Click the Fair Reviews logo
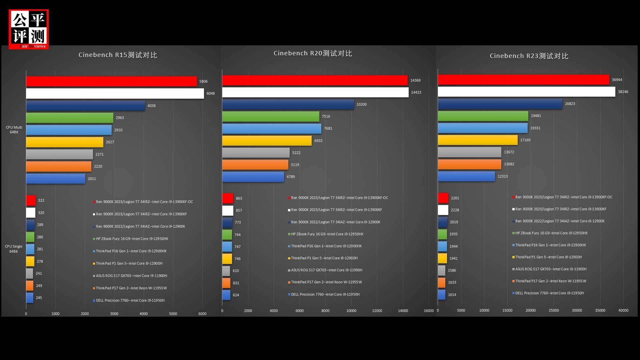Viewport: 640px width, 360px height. [29, 29]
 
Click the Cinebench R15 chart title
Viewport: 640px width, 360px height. [118, 55]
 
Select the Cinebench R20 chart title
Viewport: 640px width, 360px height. [313, 53]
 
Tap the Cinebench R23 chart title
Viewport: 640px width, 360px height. [529, 56]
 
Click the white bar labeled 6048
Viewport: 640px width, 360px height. [115, 93]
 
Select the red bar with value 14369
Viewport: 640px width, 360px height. [315, 80]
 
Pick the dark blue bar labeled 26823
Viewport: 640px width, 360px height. [500, 104]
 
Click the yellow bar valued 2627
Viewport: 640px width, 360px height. [65, 142]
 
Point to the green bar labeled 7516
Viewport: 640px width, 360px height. [271, 116]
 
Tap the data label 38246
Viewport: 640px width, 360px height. [623, 92]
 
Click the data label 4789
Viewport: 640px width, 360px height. [291, 177]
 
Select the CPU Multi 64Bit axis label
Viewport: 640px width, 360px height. [14, 130]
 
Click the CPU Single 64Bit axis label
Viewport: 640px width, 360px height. [14, 249]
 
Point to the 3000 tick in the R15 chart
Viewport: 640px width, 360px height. [114, 314]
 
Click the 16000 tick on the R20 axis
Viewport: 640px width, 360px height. [429, 311]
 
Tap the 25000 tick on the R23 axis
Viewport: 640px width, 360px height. [554, 310]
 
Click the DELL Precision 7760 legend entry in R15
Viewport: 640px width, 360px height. [130, 300]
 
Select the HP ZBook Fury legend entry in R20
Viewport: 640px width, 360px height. [327, 234]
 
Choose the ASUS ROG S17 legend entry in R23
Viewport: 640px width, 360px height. [551, 269]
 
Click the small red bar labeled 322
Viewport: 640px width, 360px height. [31, 200]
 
